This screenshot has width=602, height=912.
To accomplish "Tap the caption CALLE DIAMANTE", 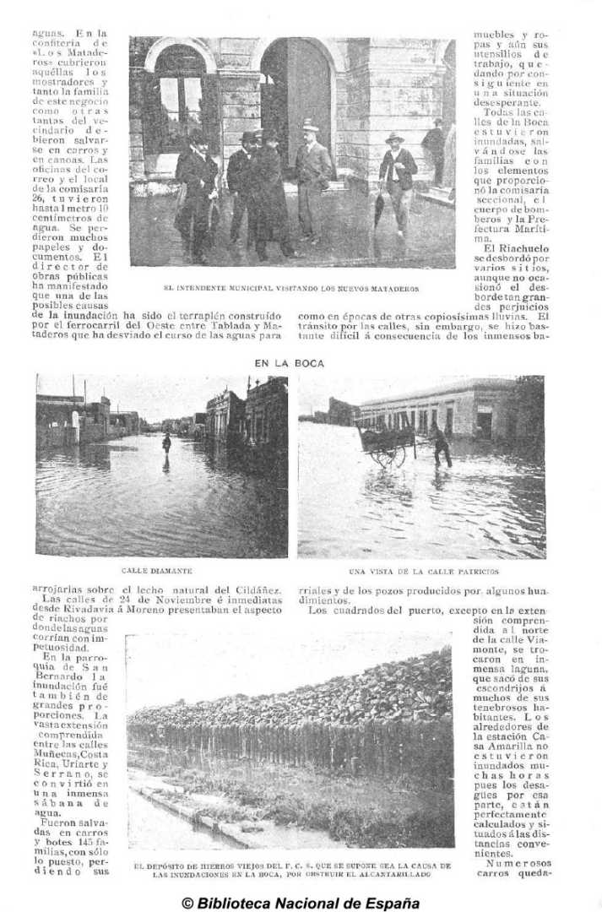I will point(157,572).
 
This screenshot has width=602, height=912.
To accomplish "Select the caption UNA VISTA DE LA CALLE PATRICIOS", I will point(423,572).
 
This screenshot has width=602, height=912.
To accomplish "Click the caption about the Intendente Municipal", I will point(290,288).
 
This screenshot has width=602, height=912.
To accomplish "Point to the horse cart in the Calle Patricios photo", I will point(387,444).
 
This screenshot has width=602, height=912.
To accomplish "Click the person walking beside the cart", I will point(439,445).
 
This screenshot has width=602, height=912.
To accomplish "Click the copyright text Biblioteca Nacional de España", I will point(301,902).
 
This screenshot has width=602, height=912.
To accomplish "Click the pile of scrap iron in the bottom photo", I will point(296,701).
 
